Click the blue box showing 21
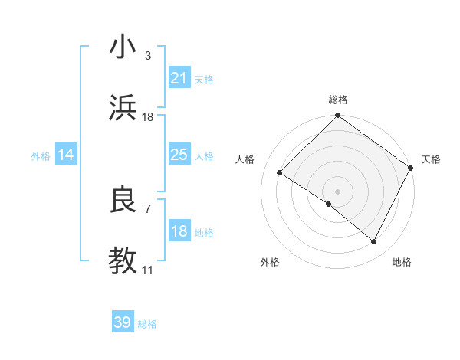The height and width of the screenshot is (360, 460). tap(179, 78)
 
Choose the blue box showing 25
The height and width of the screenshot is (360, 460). tap(179, 155)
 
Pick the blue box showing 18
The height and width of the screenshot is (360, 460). tap(179, 232)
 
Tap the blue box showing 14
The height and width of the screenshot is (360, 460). tap(66, 155)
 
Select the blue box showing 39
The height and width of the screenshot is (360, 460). tap(123, 323)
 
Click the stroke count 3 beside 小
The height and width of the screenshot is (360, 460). tap(148, 55)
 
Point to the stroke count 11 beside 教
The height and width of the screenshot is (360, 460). tap(148, 271)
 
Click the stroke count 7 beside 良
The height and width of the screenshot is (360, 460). tap(148, 208)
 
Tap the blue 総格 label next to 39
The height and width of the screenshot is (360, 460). tap(147, 324)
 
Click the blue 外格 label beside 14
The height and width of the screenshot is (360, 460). tap(41, 156)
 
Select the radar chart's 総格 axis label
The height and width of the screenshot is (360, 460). tap(338, 100)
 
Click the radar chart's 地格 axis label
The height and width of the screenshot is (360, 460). tap(402, 262)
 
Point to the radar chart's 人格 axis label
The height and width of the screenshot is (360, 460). tap(245, 159)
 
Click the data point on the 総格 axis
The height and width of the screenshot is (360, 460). tap(338, 116)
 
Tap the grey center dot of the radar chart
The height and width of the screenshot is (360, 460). tap(338, 191)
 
